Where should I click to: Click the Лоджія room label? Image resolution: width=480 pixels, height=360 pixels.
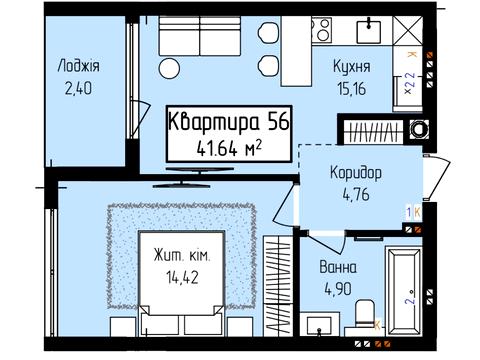(79, 66)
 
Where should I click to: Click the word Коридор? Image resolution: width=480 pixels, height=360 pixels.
(355, 171)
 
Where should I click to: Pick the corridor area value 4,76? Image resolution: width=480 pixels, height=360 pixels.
(355, 194)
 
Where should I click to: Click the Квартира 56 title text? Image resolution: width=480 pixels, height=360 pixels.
(228, 122)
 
